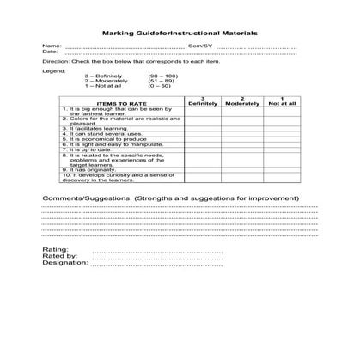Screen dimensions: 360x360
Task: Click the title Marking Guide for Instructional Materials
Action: (x=179, y=34)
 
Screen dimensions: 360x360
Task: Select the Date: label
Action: (x=50, y=52)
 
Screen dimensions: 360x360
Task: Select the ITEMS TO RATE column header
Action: (x=121, y=103)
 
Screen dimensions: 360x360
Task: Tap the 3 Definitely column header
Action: (x=203, y=101)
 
